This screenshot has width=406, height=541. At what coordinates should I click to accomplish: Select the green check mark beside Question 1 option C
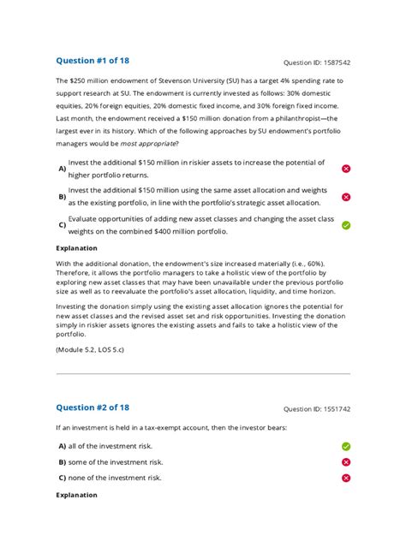pos(346,225)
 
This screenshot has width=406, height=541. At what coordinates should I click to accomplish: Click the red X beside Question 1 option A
pos(346,169)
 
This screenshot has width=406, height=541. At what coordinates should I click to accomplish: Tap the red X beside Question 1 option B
pos(346,197)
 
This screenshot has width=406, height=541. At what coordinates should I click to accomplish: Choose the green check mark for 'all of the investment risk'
pos(346,446)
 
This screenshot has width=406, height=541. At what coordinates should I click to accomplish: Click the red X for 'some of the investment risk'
pos(346,461)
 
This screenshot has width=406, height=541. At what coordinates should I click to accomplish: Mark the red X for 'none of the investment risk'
pos(346,478)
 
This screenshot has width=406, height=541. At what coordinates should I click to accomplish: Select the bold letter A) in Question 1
pos(62,169)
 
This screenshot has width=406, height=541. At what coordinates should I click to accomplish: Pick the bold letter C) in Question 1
pos(62,225)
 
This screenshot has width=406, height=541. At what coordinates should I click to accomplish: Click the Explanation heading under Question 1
pos(76,249)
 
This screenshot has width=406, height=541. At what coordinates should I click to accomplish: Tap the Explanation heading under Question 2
pos(76,495)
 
